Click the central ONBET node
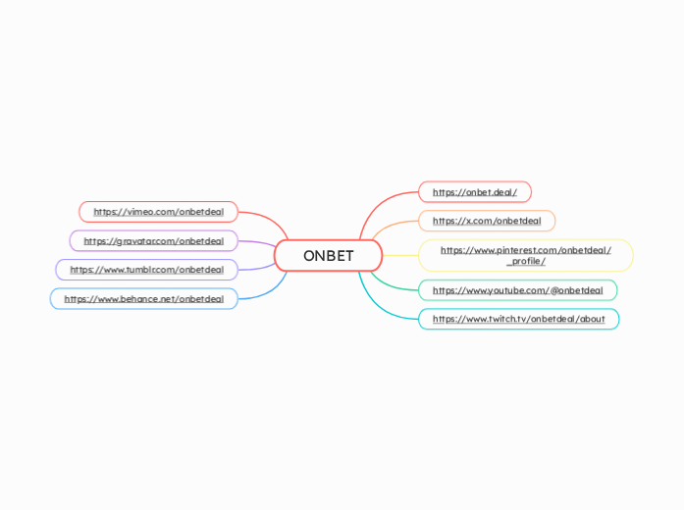click(x=328, y=256)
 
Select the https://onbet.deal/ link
click(x=474, y=192)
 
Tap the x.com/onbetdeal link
click(x=486, y=221)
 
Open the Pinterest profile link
click(x=525, y=250)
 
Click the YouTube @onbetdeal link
click(x=517, y=290)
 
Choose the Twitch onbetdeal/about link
click(x=518, y=319)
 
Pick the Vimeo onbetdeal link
click(x=158, y=212)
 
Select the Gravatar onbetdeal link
click(x=153, y=241)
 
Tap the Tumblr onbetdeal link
click(x=146, y=270)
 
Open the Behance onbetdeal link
click(x=143, y=299)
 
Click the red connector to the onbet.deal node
click(x=378, y=205)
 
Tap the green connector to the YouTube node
click(x=393, y=285)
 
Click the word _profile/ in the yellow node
click(x=525, y=262)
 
